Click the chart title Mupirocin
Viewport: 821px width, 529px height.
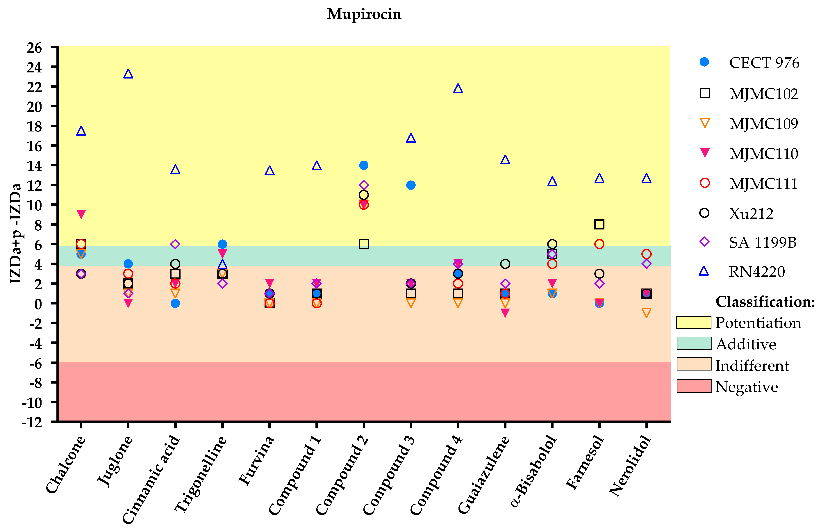click(364, 14)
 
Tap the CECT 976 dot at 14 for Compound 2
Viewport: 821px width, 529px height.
click(364, 165)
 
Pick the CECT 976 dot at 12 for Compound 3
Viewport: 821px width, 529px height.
click(411, 185)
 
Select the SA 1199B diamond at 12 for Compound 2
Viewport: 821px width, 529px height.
click(364, 185)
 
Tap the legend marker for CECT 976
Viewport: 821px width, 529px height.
click(704, 62)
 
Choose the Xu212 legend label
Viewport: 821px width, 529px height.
click(751, 214)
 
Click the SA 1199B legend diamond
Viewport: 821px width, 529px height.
click(704, 242)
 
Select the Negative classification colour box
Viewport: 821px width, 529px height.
click(694, 386)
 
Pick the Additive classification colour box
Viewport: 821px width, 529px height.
click(694, 343)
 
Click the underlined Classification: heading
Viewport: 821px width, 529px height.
click(765, 302)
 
